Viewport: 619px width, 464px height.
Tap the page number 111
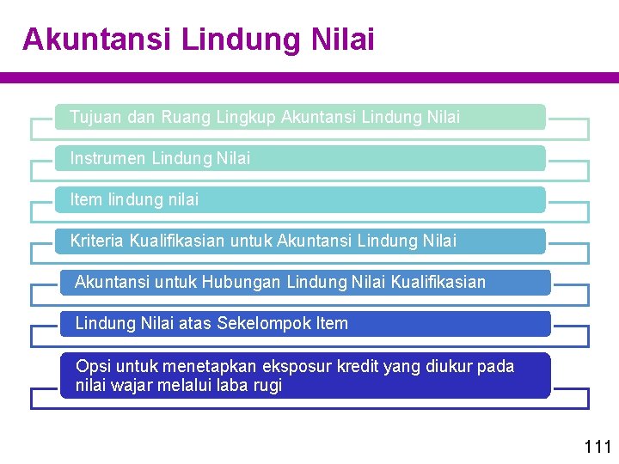coord(597,446)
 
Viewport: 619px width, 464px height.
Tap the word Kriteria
coord(97,241)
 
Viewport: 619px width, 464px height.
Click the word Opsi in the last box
coord(92,367)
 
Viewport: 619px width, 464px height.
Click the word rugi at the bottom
coord(267,386)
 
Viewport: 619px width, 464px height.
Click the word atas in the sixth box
coord(194,324)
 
